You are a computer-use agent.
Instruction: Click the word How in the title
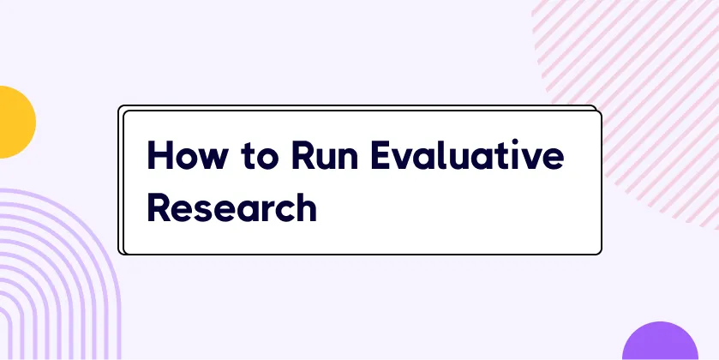[187, 154]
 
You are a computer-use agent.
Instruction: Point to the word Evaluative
[467, 154]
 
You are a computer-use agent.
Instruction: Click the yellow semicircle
[16, 122]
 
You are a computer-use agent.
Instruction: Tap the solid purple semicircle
[660, 341]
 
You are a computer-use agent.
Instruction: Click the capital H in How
[159, 154]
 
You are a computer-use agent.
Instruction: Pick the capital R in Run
[303, 154]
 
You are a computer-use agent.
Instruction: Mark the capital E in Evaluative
[381, 154]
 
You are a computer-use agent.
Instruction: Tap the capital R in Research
[159, 207]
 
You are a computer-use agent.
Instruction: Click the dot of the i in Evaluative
[515, 141]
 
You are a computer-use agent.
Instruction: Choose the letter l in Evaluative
[440, 154]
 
